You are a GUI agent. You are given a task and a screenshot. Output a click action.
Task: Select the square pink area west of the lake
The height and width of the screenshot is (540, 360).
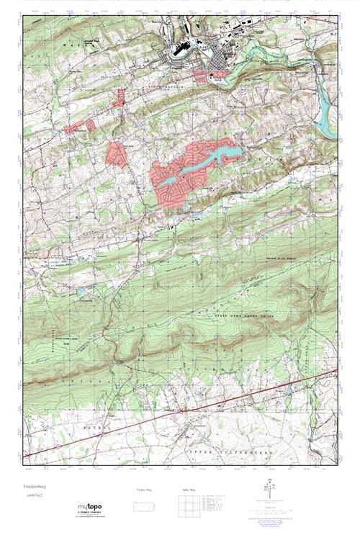point(115,154)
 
